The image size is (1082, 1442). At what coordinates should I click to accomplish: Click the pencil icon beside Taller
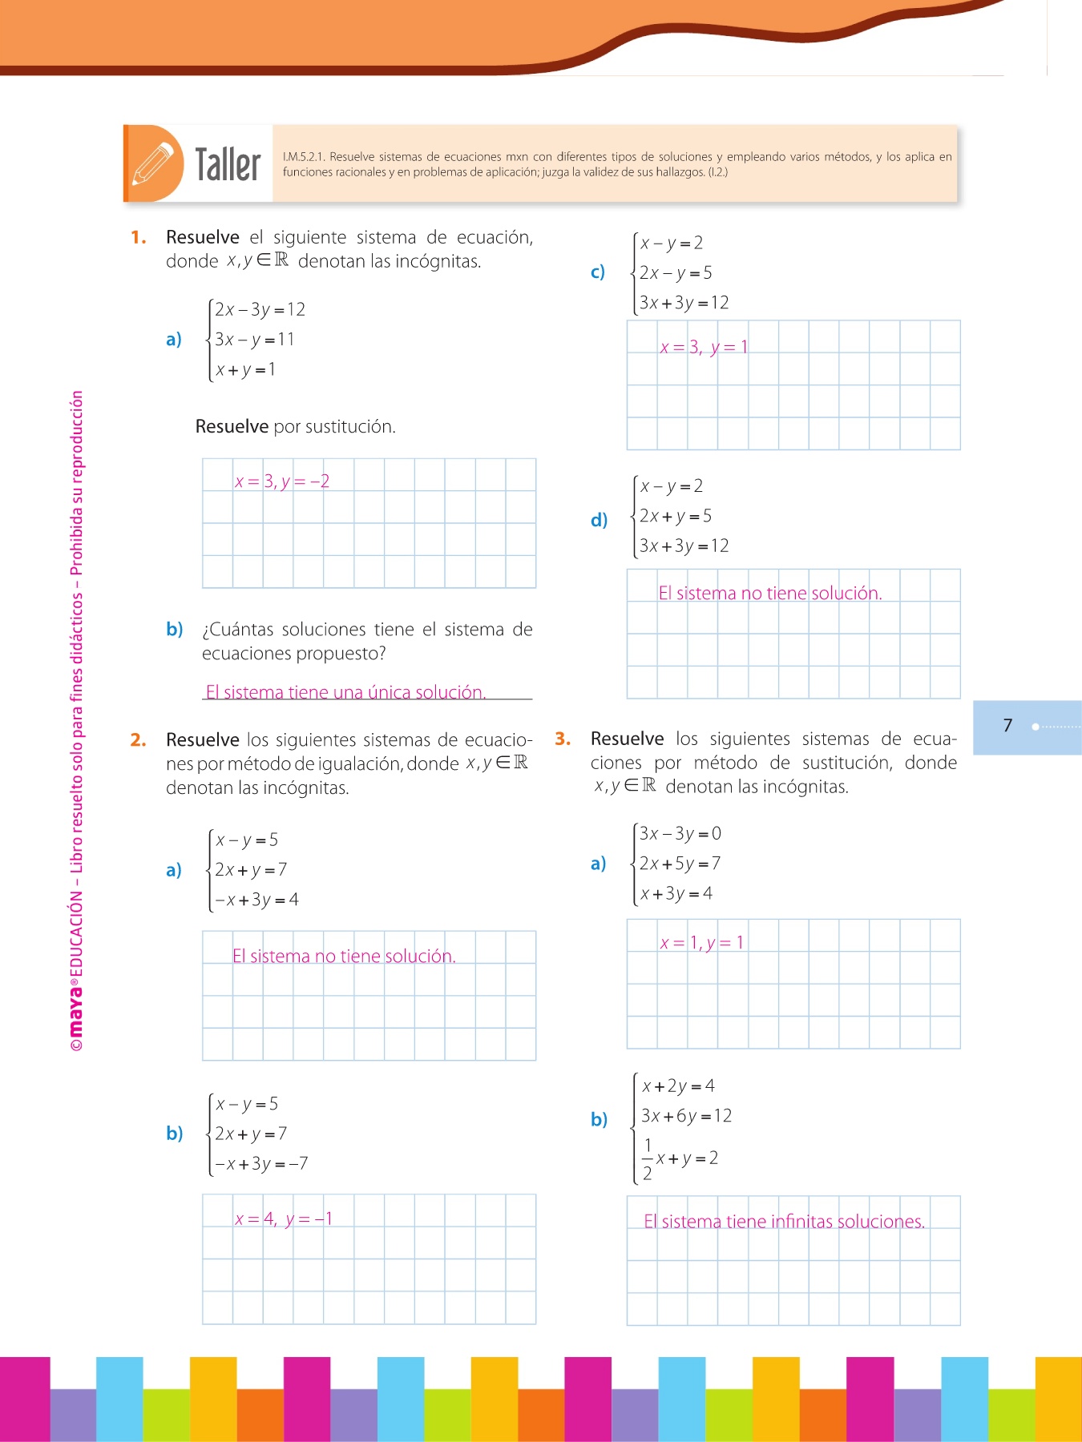pos(153,163)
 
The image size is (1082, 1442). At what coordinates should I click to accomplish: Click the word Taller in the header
pos(228,165)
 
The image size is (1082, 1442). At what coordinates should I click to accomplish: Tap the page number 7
pos(1007,726)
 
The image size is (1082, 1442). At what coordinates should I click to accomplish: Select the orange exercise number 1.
pos(139,237)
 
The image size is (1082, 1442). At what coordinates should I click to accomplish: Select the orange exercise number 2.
pos(138,739)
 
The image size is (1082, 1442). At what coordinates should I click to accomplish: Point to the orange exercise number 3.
pos(563,739)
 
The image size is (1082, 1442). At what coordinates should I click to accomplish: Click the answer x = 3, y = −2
pos(282,481)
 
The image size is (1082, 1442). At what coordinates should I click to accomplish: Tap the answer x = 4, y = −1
pos(284,1219)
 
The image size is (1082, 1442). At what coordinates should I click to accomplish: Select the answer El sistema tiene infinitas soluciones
pos(784,1222)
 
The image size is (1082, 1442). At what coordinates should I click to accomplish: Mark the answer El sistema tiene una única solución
pos(345,692)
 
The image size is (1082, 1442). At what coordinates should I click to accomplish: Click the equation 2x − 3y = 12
pos(260,309)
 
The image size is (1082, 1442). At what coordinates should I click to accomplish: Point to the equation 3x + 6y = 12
pos(686,1116)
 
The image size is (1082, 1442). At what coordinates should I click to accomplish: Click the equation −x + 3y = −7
pos(261,1163)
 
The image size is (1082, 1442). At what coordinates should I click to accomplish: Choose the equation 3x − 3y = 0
pos(680,833)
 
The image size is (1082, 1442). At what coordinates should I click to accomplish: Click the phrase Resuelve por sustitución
pos(295,426)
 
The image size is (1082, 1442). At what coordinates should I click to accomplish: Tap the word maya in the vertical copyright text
pos(76,1009)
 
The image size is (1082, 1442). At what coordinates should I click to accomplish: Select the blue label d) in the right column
pos(599,520)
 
